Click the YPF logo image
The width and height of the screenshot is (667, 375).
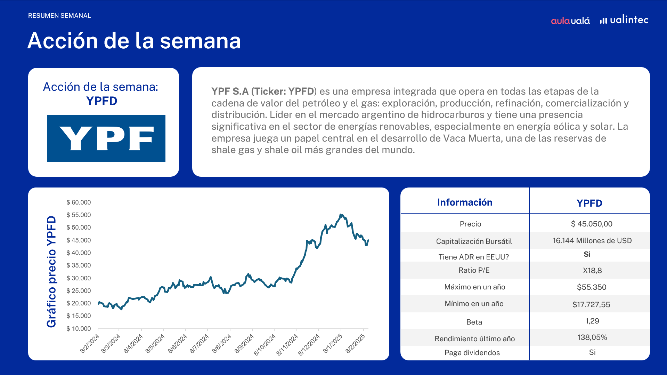[106, 138]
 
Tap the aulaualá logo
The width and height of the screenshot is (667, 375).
[570, 21]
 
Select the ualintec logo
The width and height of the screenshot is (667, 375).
[624, 19]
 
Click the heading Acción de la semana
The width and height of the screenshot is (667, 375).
[134, 41]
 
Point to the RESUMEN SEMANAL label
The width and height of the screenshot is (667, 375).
[59, 16]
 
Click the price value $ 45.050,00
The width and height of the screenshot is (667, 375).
[592, 224]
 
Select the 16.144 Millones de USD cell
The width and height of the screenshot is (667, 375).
[592, 241]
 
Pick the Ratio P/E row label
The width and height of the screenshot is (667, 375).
[474, 270]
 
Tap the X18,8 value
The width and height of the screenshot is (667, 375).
[592, 271]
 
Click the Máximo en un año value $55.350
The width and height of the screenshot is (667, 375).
[592, 287]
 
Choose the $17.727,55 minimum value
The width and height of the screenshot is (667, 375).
[591, 305]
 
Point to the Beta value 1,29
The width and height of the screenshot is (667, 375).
[592, 321]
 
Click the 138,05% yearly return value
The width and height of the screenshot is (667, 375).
[592, 337]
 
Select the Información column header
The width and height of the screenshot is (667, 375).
[465, 202]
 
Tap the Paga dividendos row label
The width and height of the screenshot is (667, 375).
[472, 353]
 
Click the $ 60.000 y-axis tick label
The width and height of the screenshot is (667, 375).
[79, 202]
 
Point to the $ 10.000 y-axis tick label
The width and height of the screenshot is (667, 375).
[79, 329]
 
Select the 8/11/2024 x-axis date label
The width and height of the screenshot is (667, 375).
[287, 344]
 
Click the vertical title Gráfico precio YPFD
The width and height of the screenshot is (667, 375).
[51, 272]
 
